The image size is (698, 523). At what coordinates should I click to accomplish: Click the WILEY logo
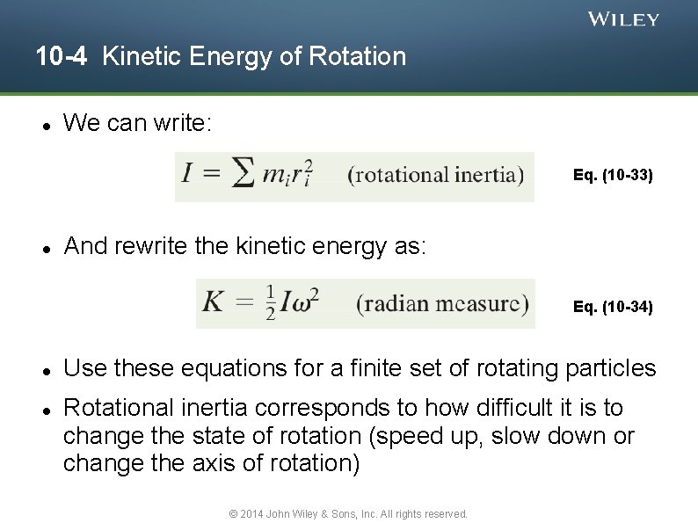[x=622, y=19]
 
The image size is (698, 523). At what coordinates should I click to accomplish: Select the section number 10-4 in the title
[x=62, y=57]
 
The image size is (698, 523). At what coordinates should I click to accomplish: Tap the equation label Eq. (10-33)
[x=612, y=175]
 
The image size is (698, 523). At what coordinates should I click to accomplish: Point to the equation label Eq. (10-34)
[x=612, y=307]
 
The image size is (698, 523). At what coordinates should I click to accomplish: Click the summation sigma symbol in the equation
[x=244, y=174]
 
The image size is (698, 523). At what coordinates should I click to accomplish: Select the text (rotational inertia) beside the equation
[x=435, y=174]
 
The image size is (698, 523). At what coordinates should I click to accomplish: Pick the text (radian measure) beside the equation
[x=442, y=303]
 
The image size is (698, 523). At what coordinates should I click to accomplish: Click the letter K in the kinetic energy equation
[x=214, y=303]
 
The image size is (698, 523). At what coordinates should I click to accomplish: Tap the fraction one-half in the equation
[x=270, y=303]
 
